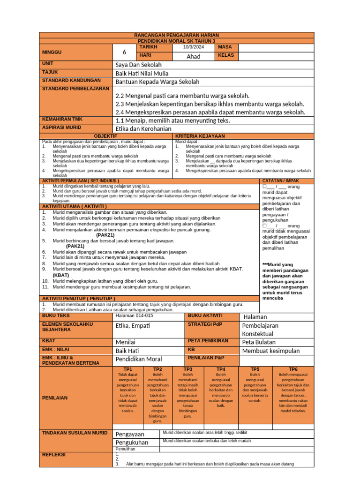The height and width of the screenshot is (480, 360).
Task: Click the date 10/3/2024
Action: (194, 47)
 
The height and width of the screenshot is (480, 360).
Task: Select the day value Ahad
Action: (193, 56)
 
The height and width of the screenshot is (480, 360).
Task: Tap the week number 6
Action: (124, 52)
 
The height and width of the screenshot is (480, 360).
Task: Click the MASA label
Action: (225, 47)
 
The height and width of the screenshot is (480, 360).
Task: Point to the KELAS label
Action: (226, 56)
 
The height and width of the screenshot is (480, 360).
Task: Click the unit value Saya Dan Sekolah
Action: (138, 65)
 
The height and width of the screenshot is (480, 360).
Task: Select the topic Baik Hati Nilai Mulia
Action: (142, 73)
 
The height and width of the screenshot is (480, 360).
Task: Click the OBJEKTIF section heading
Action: (106, 136)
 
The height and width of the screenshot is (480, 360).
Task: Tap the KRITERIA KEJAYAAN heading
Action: (200, 136)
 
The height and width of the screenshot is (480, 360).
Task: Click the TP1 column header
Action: (127, 369)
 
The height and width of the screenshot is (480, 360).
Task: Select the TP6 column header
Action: (293, 369)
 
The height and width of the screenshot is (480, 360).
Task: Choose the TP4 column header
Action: (221, 369)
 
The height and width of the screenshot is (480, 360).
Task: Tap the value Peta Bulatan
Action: (259, 342)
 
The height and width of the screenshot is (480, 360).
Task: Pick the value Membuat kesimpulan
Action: (270, 351)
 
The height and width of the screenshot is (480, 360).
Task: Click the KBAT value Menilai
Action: (125, 342)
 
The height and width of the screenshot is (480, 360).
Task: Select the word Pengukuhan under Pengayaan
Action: (132, 442)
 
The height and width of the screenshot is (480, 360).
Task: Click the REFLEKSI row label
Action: (54, 455)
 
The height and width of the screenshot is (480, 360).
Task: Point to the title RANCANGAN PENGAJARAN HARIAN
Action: (176, 35)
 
